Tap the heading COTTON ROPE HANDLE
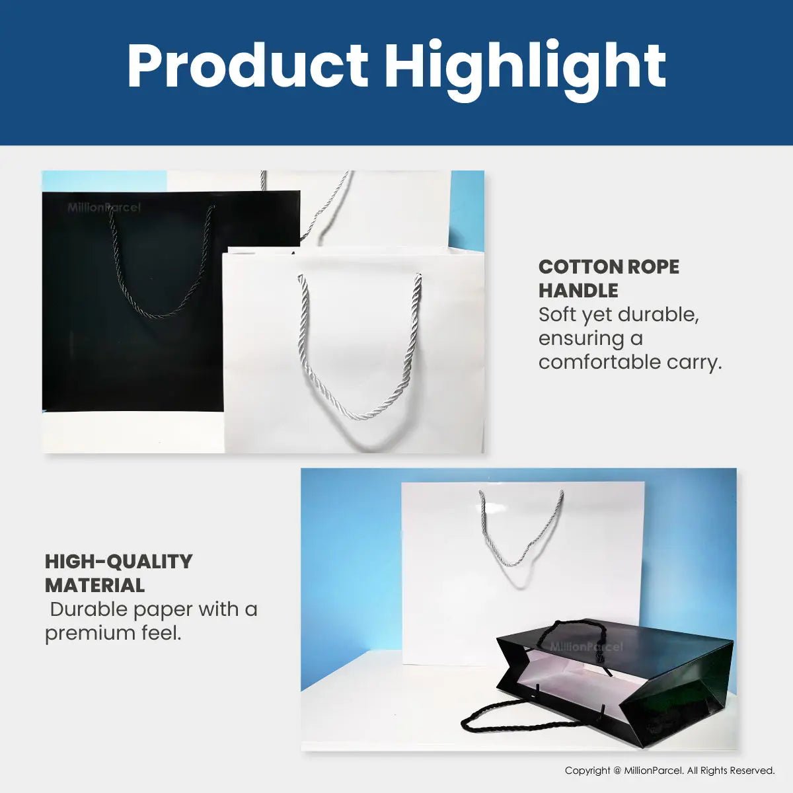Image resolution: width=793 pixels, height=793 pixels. click(608, 278)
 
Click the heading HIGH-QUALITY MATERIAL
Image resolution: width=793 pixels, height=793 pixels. click(118, 573)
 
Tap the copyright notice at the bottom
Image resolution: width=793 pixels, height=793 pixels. click(669, 771)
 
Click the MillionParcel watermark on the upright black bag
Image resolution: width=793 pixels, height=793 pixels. click(104, 208)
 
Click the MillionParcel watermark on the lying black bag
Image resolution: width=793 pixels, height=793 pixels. click(586, 647)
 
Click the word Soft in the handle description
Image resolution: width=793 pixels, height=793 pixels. click(558, 315)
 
